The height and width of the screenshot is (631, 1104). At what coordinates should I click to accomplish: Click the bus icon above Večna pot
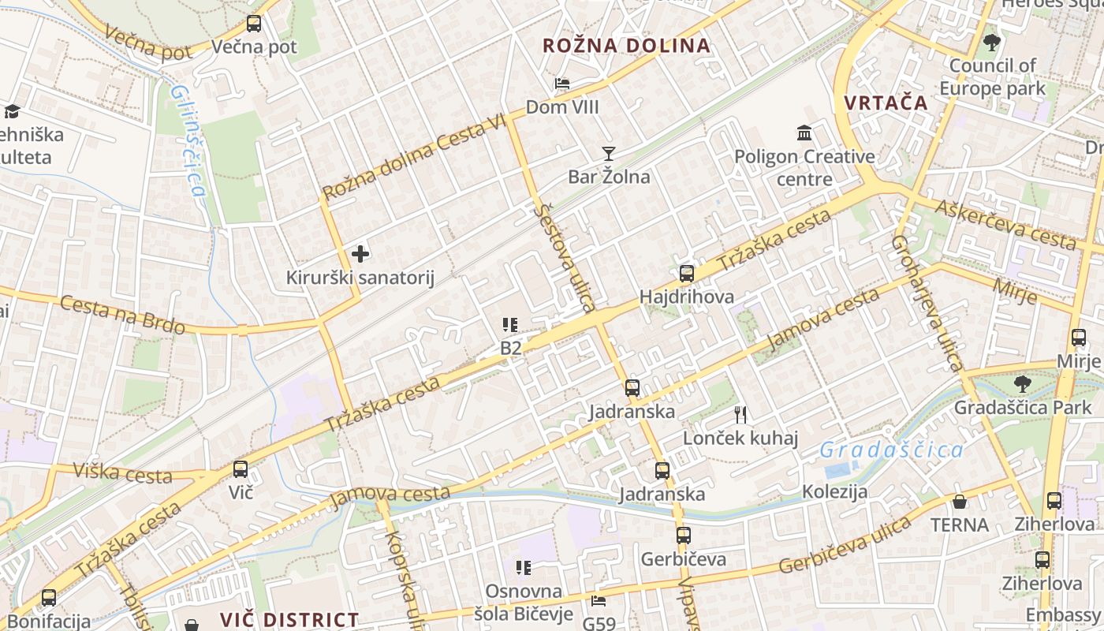(253, 24)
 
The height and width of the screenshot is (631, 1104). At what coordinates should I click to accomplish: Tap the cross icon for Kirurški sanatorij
(360, 254)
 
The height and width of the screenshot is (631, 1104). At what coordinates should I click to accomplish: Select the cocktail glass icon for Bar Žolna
(608, 153)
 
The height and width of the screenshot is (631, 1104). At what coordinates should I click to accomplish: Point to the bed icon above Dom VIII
(561, 84)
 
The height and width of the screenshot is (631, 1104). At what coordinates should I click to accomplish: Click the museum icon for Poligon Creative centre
(804, 133)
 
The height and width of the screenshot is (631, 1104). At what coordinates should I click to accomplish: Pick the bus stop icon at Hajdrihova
(687, 274)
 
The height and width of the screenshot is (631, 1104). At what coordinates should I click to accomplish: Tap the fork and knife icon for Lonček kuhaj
(740, 414)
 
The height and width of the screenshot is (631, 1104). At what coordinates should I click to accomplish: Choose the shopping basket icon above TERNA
(960, 502)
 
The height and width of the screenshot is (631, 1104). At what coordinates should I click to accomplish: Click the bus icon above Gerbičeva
(683, 536)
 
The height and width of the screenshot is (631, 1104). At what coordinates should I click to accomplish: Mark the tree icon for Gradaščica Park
(1022, 384)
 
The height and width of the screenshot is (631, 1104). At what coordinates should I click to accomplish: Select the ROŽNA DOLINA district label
(626, 46)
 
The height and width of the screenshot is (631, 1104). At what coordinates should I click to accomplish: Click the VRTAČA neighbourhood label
(886, 103)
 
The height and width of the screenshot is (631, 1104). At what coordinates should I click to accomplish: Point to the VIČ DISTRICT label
(289, 620)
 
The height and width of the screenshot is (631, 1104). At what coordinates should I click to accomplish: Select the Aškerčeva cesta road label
(1005, 224)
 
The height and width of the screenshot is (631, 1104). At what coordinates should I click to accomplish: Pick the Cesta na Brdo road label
(123, 315)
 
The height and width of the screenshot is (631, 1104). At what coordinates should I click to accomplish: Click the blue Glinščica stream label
(188, 141)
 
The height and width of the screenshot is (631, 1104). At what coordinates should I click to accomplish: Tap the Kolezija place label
(834, 491)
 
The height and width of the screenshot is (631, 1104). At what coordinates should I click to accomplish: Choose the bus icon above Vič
(241, 469)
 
